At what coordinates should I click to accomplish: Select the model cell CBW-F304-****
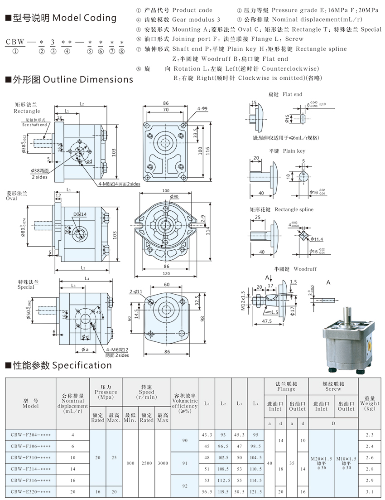(x=30, y=435)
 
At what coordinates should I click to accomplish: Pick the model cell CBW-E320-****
(x=30, y=491)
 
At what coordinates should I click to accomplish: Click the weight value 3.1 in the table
(x=371, y=491)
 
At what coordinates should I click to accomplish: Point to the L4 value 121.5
(x=255, y=491)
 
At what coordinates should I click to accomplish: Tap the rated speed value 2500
(x=146, y=463)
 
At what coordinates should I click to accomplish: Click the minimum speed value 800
(x=130, y=463)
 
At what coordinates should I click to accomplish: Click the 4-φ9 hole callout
(x=202, y=109)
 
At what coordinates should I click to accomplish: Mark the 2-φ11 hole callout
(x=135, y=292)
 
